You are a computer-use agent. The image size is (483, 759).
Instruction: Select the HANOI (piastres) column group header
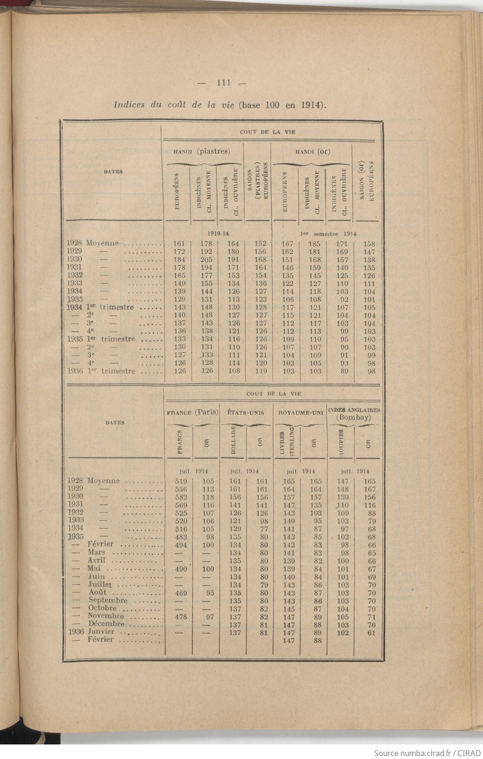(201, 151)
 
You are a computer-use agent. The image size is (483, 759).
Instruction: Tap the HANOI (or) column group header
(312, 151)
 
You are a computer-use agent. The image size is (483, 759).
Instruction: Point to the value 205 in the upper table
(207, 260)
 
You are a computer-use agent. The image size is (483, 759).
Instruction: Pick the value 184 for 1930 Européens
(179, 260)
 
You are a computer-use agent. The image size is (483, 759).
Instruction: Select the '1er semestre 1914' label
(328, 234)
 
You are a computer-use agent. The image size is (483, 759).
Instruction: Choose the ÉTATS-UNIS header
(246, 413)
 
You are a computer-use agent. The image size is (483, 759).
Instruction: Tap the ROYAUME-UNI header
(301, 413)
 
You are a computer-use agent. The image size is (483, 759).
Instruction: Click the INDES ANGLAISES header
(354, 410)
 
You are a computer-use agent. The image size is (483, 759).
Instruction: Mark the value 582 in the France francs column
(180, 497)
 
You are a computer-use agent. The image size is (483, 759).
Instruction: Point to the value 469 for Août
(180, 593)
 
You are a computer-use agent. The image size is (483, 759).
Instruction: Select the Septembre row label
(108, 601)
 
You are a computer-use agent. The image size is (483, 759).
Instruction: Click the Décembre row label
(106, 624)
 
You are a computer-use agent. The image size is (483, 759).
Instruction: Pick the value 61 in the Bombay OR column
(371, 632)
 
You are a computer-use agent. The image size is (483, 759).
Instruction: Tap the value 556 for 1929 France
(180, 489)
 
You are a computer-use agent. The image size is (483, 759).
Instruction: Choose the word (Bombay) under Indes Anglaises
(354, 417)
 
